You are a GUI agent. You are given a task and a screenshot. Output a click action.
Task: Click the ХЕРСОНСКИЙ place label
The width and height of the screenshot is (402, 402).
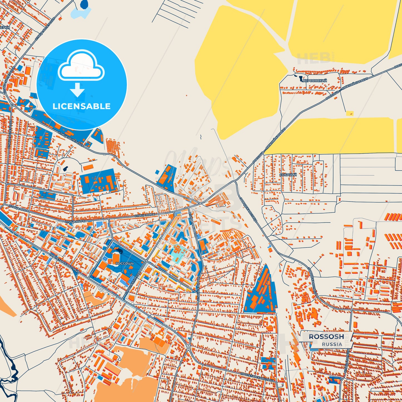[315, 80]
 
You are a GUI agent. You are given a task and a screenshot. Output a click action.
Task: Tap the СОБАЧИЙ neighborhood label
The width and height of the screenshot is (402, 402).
[288, 175]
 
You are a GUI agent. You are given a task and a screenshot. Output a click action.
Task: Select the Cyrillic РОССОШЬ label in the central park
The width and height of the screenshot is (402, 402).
[125, 263]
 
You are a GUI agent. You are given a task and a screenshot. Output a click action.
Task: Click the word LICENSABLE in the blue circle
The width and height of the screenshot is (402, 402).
[82, 106]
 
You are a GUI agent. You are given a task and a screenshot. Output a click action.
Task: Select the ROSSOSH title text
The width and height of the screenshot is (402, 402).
[326, 337]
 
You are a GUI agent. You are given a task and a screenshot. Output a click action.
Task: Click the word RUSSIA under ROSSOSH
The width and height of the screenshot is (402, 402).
[332, 344]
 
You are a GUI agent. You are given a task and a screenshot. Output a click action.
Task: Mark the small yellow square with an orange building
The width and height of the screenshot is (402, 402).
[350, 113]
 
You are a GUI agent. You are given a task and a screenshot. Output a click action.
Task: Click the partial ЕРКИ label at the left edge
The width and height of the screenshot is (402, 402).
[5, 28]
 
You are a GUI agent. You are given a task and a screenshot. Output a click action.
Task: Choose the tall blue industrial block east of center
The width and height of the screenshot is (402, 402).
[260, 292]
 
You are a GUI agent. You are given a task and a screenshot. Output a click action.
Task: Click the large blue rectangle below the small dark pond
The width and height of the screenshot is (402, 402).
[99, 181]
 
